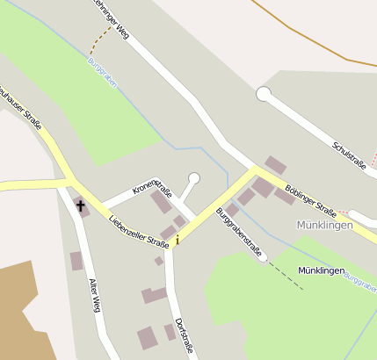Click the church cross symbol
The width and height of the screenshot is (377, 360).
click(x=81, y=206)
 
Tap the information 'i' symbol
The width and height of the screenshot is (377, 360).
click(x=178, y=239)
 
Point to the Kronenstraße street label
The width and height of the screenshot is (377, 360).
click(x=152, y=184)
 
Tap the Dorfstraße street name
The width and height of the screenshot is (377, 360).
click(x=184, y=338)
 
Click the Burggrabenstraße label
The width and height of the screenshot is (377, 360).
click(x=239, y=231)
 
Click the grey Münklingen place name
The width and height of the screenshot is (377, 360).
click(x=324, y=226)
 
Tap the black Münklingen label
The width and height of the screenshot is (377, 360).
click(x=321, y=271)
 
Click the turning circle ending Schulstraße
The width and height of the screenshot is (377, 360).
click(x=264, y=93)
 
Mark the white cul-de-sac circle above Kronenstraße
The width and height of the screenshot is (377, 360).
click(x=194, y=178)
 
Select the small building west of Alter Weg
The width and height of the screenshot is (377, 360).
click(x=76, y=261)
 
